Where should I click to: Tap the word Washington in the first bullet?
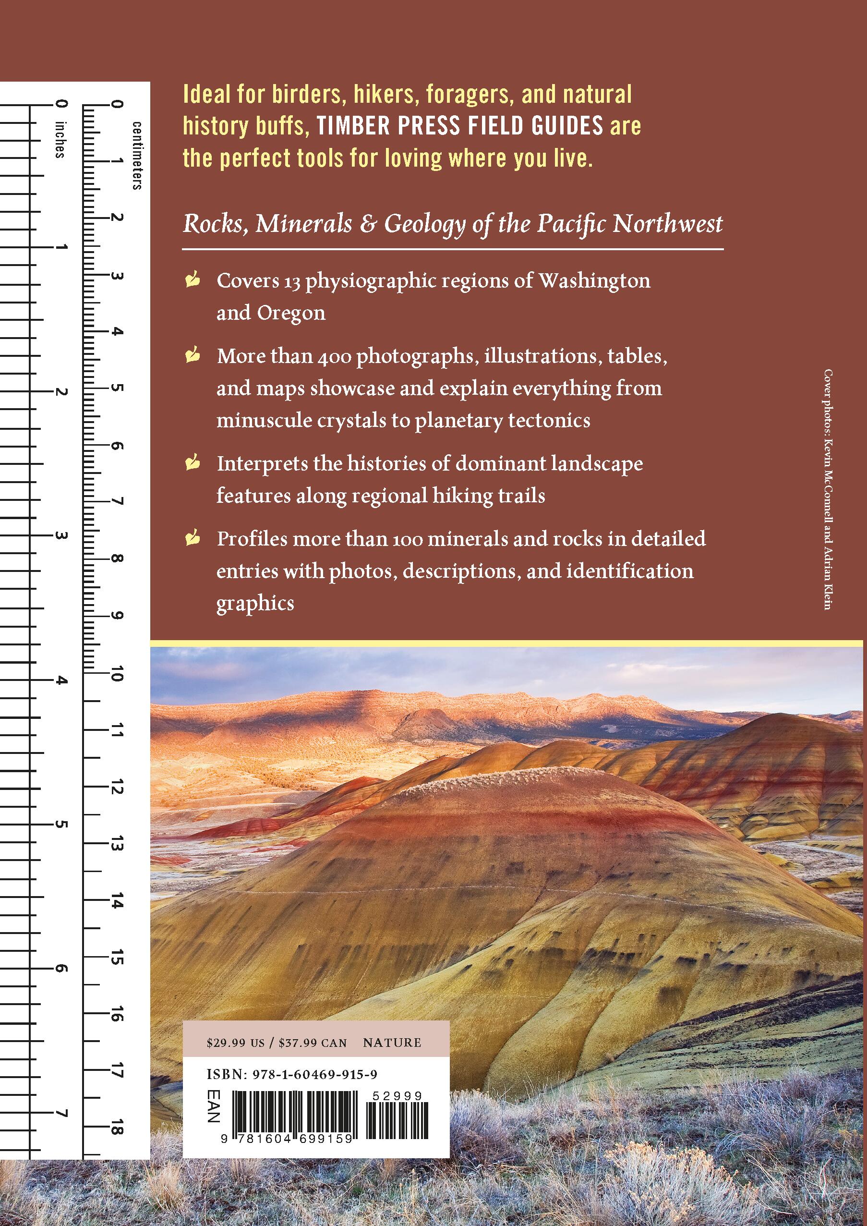click(x=594, y=281)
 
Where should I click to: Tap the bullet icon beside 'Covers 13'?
click(x=193, y=280)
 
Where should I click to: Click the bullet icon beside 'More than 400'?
click(x=193, y=356)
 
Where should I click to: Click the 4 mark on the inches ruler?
click(x=61, y=680)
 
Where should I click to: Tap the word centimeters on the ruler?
click(x=137, y=156)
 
